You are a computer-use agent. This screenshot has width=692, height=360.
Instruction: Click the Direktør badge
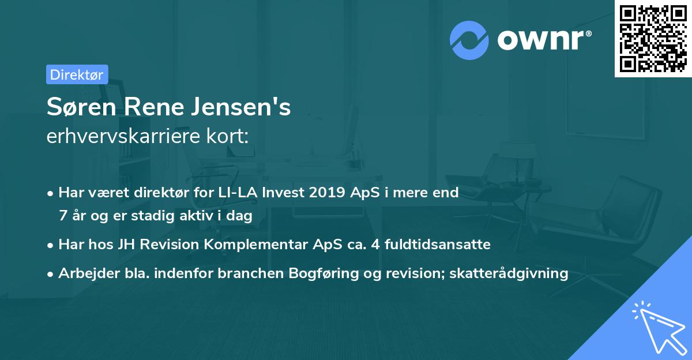tap(77, 74)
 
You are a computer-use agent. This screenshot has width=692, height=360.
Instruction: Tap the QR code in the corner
tap(653, 38)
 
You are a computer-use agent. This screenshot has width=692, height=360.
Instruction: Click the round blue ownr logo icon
tap(469, 40)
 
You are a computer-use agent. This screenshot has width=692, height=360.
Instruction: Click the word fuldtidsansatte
tap(438, 245)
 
